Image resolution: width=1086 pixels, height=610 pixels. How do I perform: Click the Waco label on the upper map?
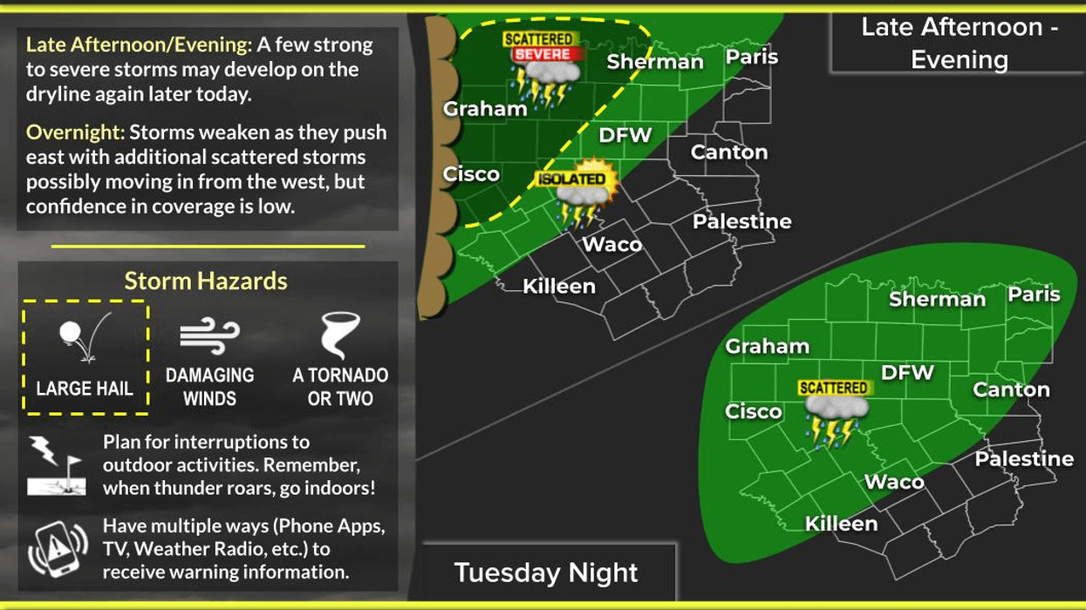(x=612, y=244)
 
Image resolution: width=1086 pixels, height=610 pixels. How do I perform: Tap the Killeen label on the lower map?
(x=841, y=524)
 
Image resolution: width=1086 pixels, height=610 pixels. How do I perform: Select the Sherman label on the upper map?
(x=655, y=62)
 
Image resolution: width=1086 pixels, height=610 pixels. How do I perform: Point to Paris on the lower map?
(x=1034, y=295)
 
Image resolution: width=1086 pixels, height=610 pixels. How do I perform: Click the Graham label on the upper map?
(x=485, y=109)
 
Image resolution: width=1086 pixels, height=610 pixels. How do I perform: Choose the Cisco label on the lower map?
(x=754, y=411)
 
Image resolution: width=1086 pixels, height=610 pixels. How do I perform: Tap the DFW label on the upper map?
(x=625, y=135)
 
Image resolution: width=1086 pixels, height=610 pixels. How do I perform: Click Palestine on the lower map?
(x=1024, y=458)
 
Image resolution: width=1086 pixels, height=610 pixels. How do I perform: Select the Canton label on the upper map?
(x=729, y=152)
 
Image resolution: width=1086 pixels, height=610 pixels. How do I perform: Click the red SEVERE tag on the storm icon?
(x=542, y=54)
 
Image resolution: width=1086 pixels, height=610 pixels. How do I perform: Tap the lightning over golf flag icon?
(x=55, y=465)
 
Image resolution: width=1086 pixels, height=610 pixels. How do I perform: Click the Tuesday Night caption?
(x=546, y=573)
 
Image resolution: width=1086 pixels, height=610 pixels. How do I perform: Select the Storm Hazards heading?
(x=206, y=281)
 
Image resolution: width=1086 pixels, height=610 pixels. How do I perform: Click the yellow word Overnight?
(x=73, y=132)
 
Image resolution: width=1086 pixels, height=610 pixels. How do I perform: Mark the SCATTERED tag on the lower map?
(x=833, y=388)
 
